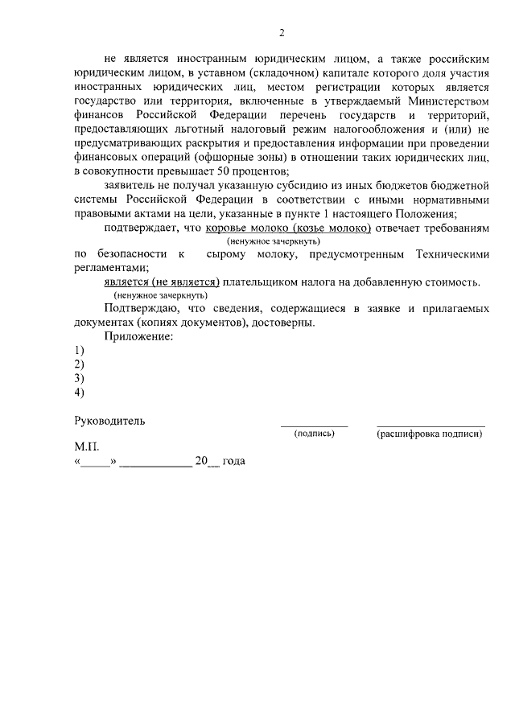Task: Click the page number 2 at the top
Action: (282, 33)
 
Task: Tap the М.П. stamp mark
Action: (85, 446)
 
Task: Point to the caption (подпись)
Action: (315, 434)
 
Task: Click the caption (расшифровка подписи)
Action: (430, 434)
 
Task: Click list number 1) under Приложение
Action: (79, 351)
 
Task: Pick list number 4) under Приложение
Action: (79, 393)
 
